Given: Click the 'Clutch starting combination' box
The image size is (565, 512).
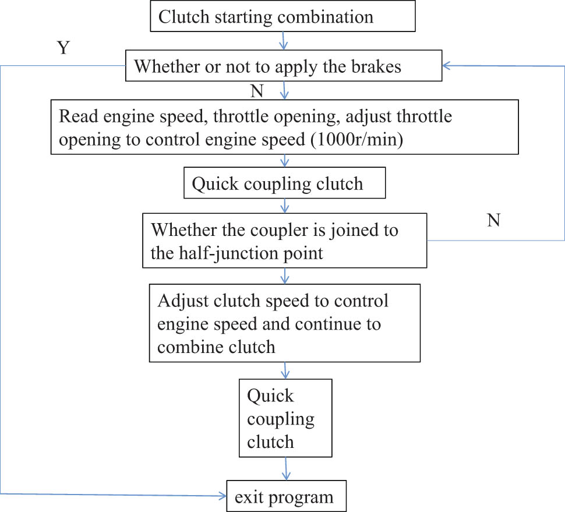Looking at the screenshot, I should click(x=282, y=16).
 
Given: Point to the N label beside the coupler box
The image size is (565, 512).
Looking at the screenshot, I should click(x=493, y=221).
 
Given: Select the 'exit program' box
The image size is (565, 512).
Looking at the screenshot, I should click(x=285, y=497).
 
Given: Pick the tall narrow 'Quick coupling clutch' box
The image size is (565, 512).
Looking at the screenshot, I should click(x=285, y=418).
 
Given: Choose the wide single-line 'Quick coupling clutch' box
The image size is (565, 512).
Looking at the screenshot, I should click(x=284, y=184).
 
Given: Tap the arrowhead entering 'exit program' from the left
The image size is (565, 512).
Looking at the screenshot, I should click(x=223, y=496).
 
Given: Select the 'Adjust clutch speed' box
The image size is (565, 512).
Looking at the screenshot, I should click(x=285, y=323).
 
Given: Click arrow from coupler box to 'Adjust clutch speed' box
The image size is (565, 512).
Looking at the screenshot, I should click(x=285, y=276).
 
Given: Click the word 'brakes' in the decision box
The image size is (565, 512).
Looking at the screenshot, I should click(x=373, y=66).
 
